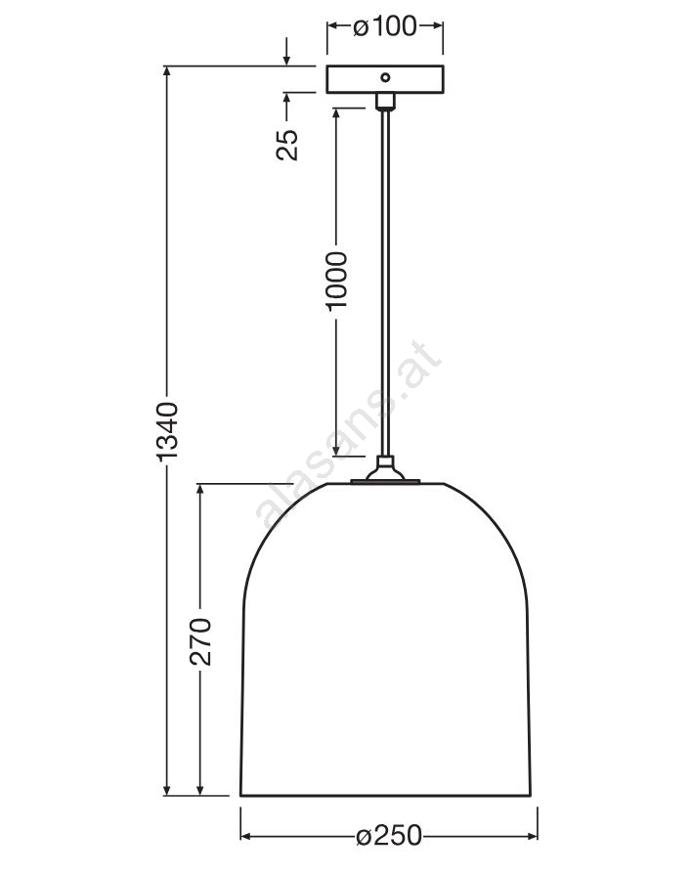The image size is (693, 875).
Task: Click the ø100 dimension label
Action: pyautogui.click(x=385, y=26)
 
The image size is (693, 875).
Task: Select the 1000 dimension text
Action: pyautogui.click(x=336, y=281)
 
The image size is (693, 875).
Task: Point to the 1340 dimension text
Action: pyautogui.click(x=167, y=431)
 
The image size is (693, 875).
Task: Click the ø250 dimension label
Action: pyautogui.click(x=389, y=835)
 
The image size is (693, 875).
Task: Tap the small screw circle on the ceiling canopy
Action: pyautogui.click(x=385, y=77)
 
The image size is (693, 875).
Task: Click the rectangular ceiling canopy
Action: pyautogui.click(x=385, y=79)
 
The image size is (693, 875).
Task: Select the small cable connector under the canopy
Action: pyautogui.click(x=385, y=101)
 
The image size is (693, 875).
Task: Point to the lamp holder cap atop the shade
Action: pyautogui.click(x=385, y=471)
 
